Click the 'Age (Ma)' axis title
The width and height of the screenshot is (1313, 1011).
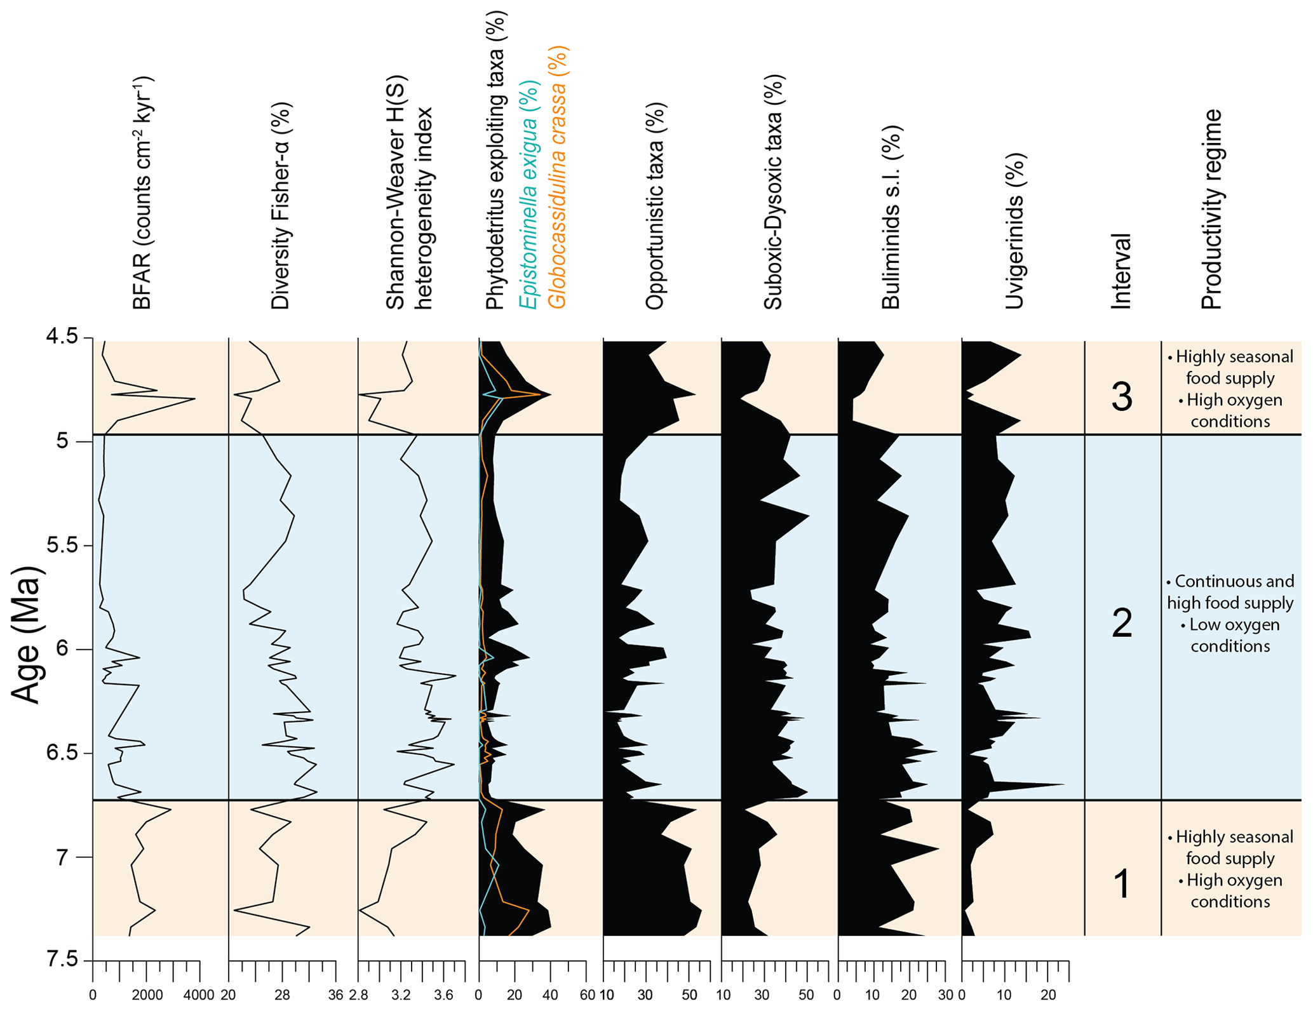pos(27,634)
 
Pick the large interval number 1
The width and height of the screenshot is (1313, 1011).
pos(1122,883)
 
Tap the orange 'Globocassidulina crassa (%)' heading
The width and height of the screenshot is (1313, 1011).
pos(557,178)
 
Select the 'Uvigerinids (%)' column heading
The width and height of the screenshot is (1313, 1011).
pos(1014,231)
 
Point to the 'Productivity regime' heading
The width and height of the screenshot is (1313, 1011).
pos(1211,210)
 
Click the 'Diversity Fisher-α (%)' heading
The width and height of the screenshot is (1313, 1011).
pos(280,206)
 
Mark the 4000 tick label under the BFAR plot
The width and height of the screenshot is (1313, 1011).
pos(199,995)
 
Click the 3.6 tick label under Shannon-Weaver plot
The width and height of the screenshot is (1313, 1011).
pos(443,995)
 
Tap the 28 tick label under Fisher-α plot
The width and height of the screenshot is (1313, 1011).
pos(282,995)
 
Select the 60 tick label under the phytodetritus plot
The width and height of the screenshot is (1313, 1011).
pos(587,995)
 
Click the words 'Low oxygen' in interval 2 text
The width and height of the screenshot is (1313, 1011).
pos(1234,624)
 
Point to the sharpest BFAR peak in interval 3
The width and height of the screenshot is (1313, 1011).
pos(193,399)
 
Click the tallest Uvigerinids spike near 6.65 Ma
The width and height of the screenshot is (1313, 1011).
pos(1063,784)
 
